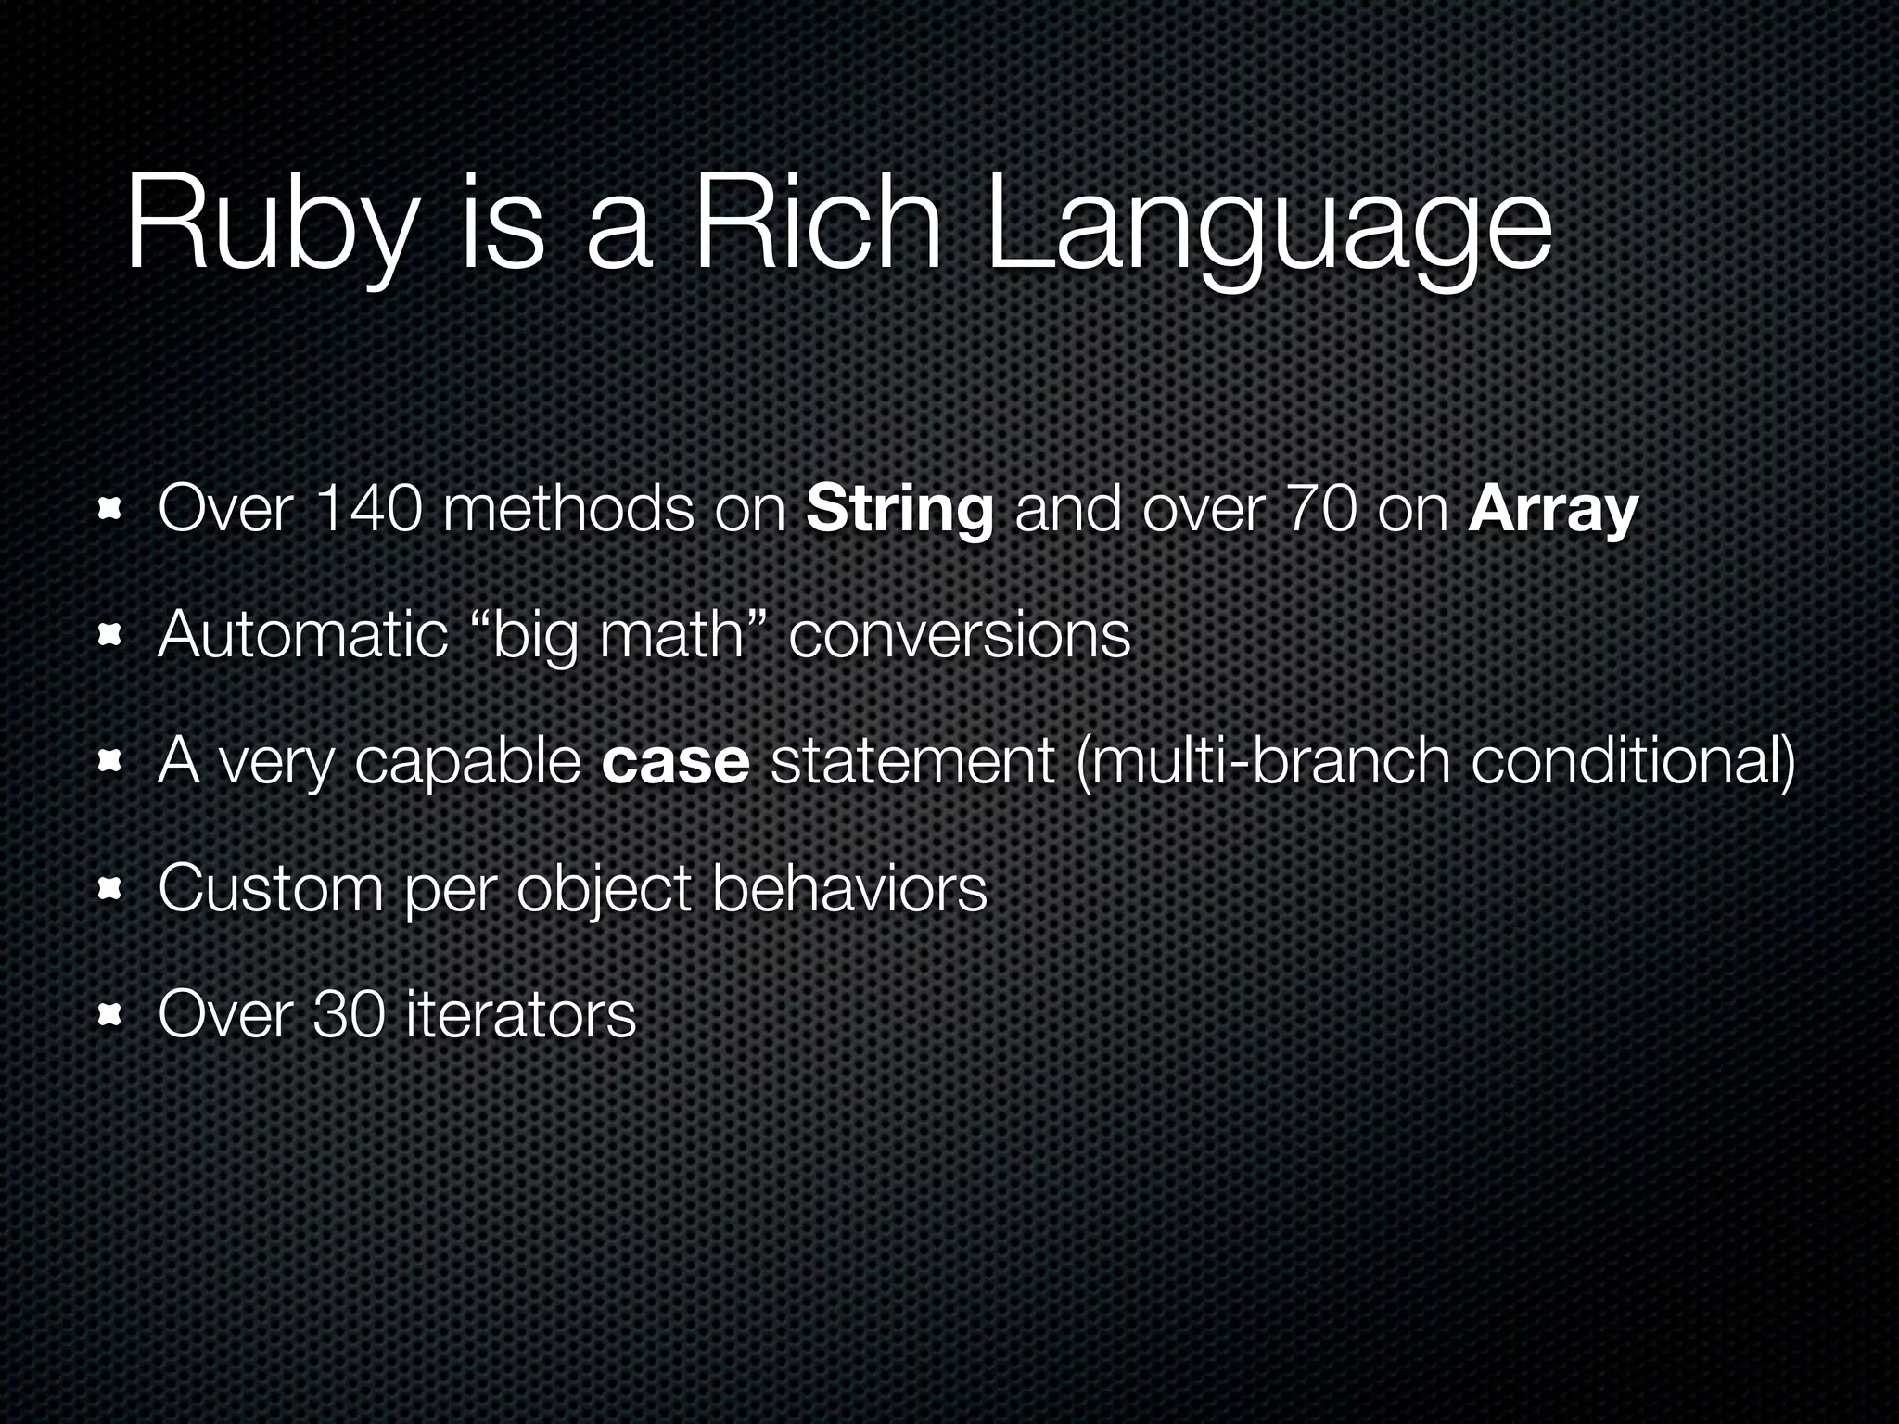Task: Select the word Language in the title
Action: [x=1267, y=232]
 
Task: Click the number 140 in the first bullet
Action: [x=369, y=510]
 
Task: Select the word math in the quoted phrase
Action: [x=671, y=636]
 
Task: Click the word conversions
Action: [x=959, y=636]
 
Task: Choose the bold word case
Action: [x=675, y=762]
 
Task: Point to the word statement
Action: [x=912, y=762]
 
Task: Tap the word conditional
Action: [x=1632, y=762]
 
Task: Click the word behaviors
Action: [x=848, y=889]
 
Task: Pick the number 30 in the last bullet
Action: [x=349, y=1014]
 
